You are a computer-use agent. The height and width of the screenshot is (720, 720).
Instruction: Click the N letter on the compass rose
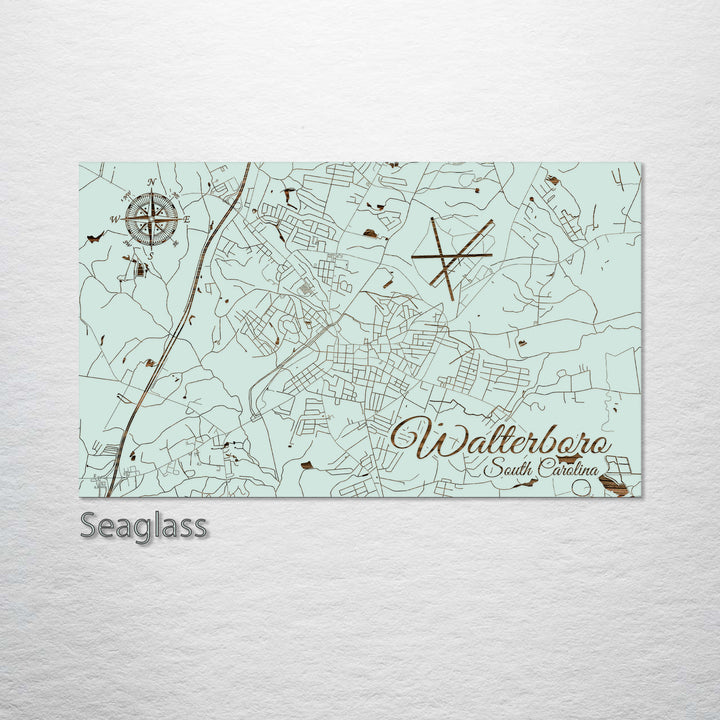152,182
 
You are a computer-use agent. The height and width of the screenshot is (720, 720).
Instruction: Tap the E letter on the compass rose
186,218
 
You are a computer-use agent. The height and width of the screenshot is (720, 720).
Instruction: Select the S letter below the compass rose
151,254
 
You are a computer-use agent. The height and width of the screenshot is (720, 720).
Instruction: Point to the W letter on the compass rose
115,219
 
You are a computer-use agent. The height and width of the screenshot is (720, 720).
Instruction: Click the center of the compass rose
151,218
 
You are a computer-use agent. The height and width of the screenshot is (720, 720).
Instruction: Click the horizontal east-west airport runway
450,256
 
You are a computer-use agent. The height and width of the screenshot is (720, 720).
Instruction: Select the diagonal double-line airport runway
462,251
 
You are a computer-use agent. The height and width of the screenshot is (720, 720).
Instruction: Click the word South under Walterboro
506,470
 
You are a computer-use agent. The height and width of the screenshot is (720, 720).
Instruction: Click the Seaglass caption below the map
144,525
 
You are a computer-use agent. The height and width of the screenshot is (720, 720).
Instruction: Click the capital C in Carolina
540,469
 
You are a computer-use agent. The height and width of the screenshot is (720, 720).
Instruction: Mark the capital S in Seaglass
89,525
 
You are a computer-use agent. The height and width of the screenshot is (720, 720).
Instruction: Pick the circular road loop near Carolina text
583,487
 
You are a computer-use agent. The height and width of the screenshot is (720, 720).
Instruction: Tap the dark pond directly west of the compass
95,237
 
